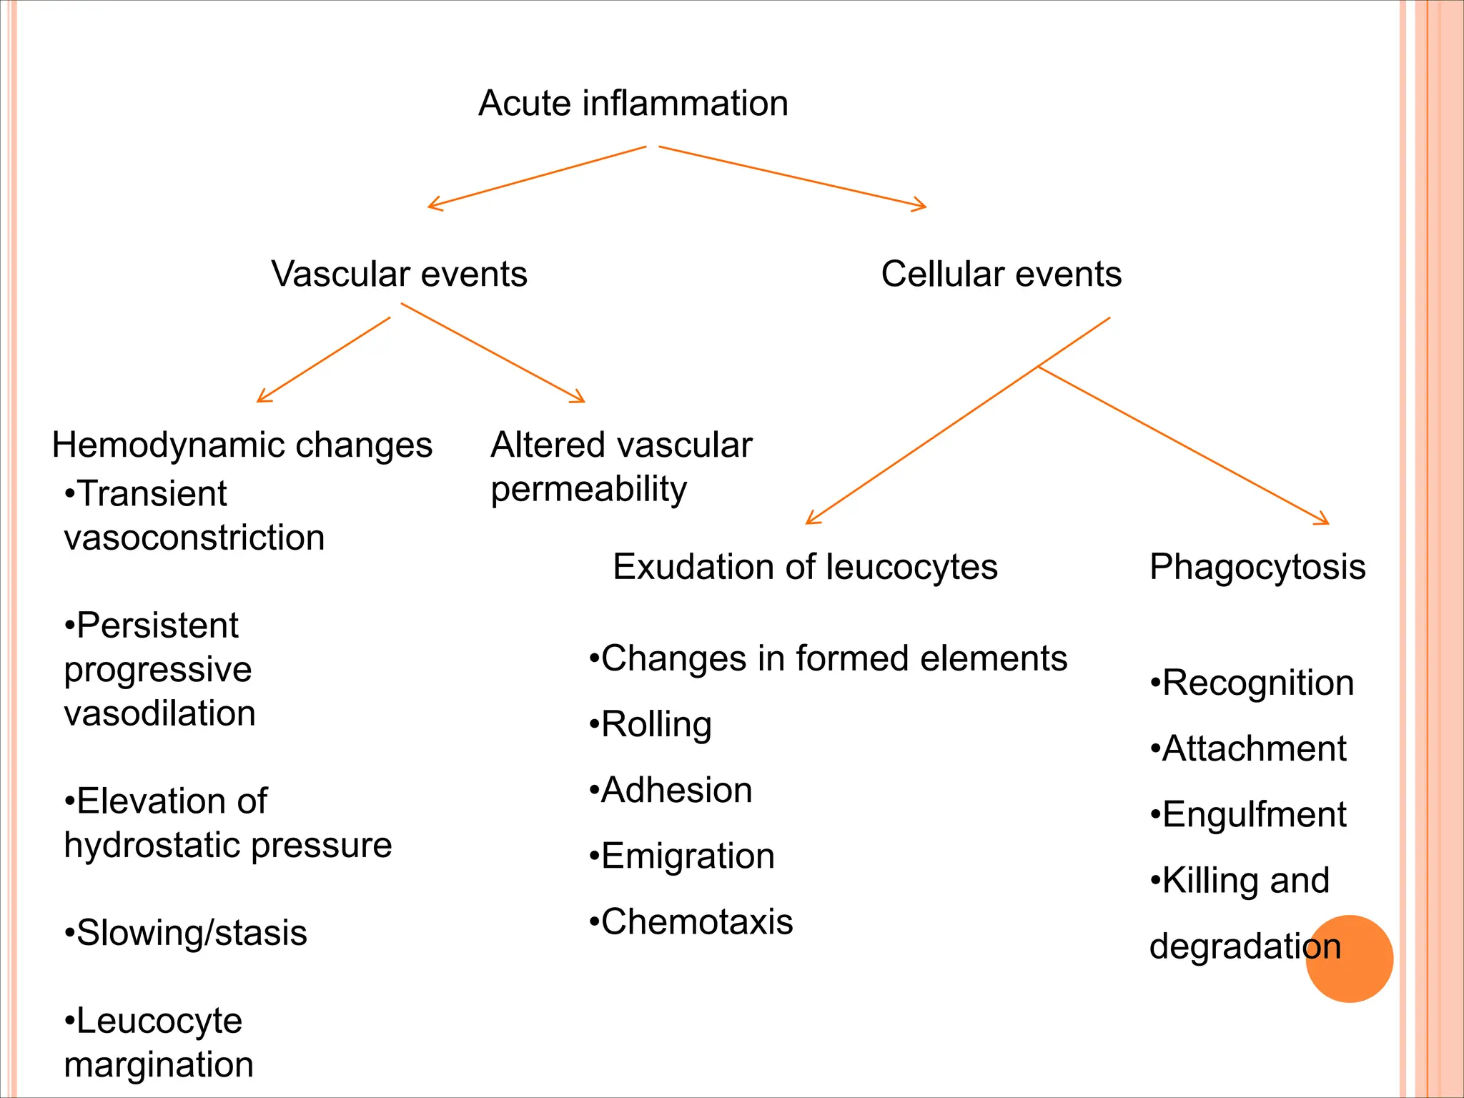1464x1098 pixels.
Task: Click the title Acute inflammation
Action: click(633, 104)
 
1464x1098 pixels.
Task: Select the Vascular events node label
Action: click(399, 274)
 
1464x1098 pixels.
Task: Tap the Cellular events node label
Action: click(1001, 274)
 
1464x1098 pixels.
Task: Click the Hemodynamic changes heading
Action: click(242, 445)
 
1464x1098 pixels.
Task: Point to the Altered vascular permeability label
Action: click(620, 467)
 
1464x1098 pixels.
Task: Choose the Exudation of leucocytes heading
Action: click(805, 567)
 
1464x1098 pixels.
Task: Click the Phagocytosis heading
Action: click(1257, 567)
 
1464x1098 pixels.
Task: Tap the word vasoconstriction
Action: click(194, 538)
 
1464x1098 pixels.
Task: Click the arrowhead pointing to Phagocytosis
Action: click(1324, 520)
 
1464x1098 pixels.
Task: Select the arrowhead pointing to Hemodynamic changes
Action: click(262, 397)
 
